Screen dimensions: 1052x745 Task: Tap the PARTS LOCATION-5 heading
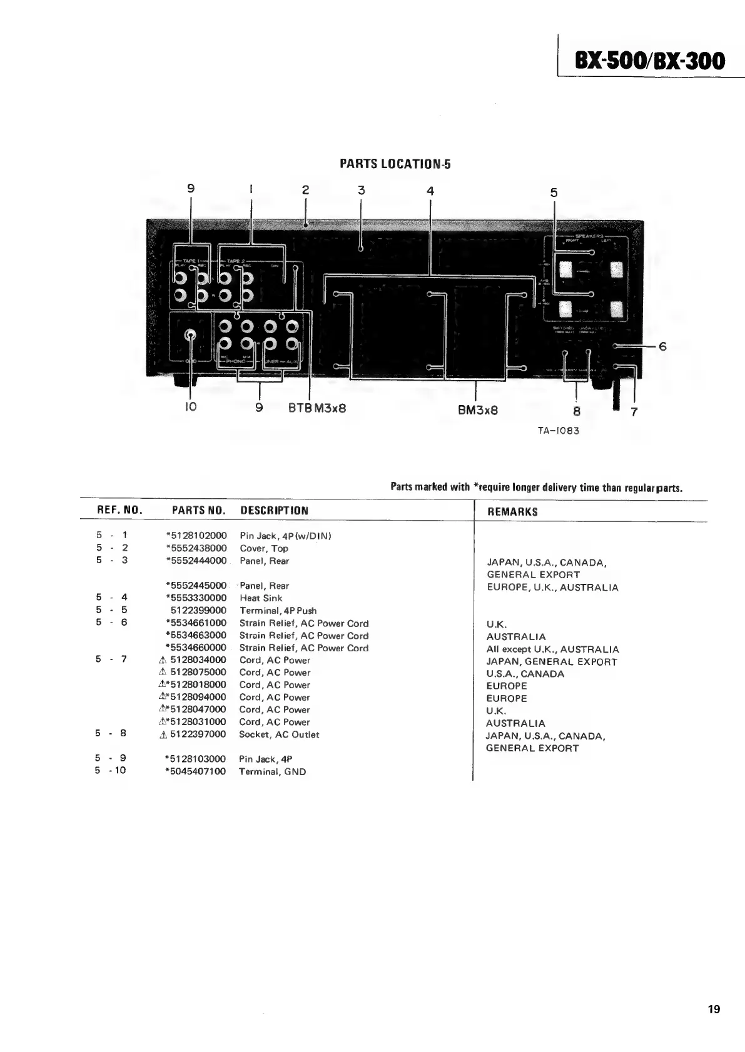[x=395, y=164]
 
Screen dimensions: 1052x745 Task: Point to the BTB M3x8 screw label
[x=317, y=408]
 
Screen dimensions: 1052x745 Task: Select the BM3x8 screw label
[x=477, y=411]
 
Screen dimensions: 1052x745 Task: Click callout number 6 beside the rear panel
[x=662, y=346]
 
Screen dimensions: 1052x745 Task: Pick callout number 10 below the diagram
[x=191, y=407]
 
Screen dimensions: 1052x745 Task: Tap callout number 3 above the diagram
[x=361, y=190]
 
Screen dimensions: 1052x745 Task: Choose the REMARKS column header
[x=512, y=512]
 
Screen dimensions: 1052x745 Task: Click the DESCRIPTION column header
[x=274, y=511]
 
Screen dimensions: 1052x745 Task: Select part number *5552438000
[x=196, y=548]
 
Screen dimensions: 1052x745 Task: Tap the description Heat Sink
[x=261, y=598]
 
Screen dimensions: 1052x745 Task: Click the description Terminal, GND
[x=272, y=772]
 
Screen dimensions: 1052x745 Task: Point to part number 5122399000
[x=198, y=611]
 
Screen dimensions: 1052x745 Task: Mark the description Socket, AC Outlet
[x=279, y=734]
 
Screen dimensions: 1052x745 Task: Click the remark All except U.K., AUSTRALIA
[x=552, y=649]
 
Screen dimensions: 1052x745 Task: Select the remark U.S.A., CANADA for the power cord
[x=525, y=674]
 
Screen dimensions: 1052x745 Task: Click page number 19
[x=714, y=1009]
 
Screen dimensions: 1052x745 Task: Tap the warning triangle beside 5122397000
[x=163, y=735]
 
